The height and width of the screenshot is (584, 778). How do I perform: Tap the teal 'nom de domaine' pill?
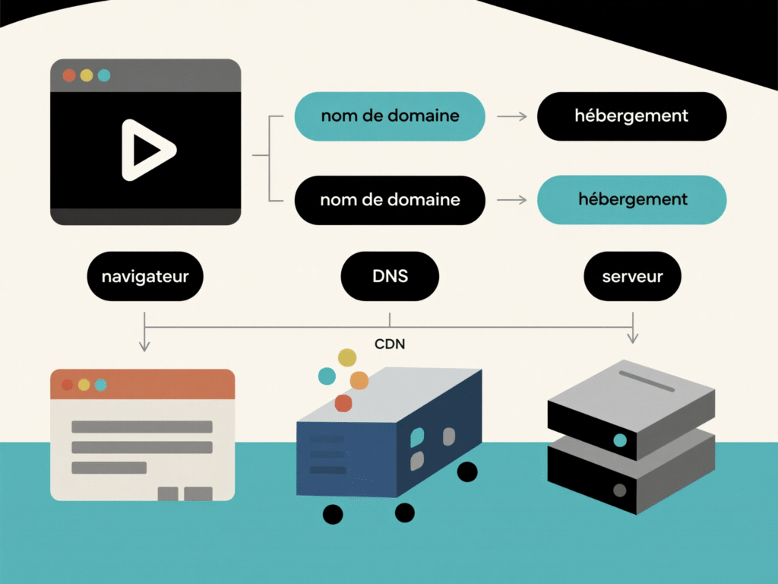(390, 116)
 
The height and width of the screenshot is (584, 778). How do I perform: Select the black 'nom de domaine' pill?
(390, 200)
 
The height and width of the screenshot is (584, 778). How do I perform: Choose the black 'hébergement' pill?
(631, 116)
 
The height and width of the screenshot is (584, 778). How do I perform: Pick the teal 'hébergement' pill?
(631, 200)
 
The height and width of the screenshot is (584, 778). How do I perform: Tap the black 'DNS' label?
(390, 276)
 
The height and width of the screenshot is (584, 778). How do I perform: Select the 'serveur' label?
(632, 276)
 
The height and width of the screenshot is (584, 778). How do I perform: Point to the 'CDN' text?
(390, 344)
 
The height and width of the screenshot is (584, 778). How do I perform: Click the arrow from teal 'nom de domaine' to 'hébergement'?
(511, 116)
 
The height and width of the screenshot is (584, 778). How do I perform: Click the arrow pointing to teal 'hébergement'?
(511, 200)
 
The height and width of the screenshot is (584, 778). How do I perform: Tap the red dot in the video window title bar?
(68, 75)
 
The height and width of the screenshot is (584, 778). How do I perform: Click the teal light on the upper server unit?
(620, 440)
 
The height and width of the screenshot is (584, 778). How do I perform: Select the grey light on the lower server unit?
(620, 490)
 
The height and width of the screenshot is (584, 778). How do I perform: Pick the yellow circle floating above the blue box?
(347, 357)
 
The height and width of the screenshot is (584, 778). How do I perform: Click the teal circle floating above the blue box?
(327, 376)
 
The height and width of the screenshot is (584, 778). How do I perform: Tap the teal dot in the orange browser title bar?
(100, 385)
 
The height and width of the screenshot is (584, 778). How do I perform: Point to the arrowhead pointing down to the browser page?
(144, 346)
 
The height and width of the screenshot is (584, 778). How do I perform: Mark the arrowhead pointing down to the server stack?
(632, 337)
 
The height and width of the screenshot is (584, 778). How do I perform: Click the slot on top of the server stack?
(647, 381)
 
